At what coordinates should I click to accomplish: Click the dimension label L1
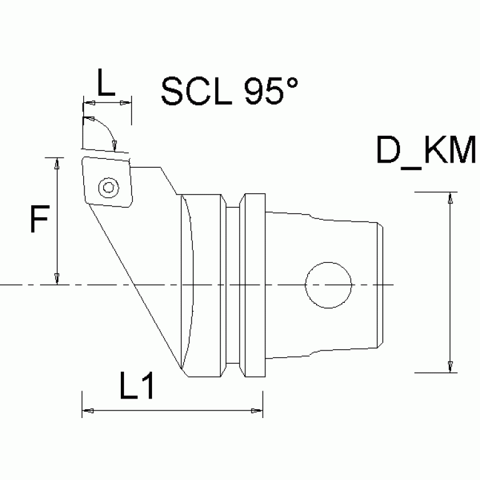coord(137,389)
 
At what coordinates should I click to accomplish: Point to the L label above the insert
coord(107,83)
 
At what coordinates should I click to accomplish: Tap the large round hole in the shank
coord(328,285)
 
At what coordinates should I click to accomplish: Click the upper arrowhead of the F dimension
coord(57,163)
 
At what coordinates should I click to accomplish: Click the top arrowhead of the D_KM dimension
coord(449,198)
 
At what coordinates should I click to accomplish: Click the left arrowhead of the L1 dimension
coord(88,411)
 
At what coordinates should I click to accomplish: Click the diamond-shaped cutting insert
coord(107,182)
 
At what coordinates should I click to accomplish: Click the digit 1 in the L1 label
coord(146,389)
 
